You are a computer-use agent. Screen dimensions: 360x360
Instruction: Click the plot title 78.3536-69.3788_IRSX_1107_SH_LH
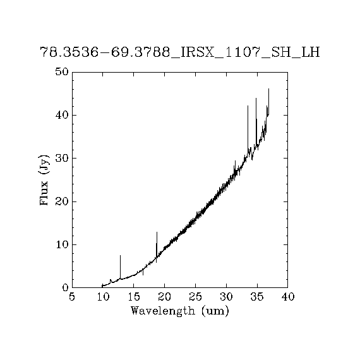pyautogui.click(x=180, y=52)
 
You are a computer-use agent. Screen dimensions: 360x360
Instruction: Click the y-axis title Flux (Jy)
pyautogui.click(x=44, y=180)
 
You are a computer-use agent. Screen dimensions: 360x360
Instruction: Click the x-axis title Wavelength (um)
pyautogui.click(x=180, y=311)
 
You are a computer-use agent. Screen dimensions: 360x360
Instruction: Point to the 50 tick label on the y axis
pyautogui.click(x=62, y=71)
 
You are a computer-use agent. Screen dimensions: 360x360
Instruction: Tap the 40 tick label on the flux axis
pyautogui.click(x=62, y=115)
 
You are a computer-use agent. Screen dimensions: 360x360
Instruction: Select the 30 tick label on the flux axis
pyautogui.click(x=62, y=158)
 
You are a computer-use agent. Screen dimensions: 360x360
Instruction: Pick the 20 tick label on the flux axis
pyautogui.click(x=62, y=201)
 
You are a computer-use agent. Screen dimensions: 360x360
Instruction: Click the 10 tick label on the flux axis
pyautogui.click(x=62, y=245)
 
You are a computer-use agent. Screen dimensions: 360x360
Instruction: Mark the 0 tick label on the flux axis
pyautogui.click(x=66, y=287)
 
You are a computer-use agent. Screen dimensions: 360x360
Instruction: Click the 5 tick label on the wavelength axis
pyautogui.click(x=72, y=297)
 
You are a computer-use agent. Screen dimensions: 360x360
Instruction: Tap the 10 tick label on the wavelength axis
pyautogui.click(x=103, y=297)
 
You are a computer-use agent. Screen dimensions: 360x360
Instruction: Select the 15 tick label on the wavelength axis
pyautogui.click(x=134, y=297)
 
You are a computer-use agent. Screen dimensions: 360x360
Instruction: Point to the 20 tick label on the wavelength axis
pyautogui.click(x=164, y=297)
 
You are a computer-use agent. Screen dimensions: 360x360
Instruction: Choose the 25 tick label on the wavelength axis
pyautogui.click(x=195, y=297)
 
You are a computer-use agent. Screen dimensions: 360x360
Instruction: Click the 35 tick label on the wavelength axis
pyautogui.click(x=257, y=297)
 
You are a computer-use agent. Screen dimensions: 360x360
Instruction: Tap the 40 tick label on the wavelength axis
pyautogui.click(x=287, y=297)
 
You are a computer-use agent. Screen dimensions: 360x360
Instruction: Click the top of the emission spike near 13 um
pyautogui.click(x=120, y=255)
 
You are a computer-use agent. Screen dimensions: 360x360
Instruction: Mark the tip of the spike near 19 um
pyautogui.click(x=157, y=232)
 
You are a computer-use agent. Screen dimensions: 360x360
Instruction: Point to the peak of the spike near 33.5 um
pyautogui.click(x=248, y=105)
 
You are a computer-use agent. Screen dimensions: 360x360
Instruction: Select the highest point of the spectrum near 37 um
pyautogui.click(x=268, y=88)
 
